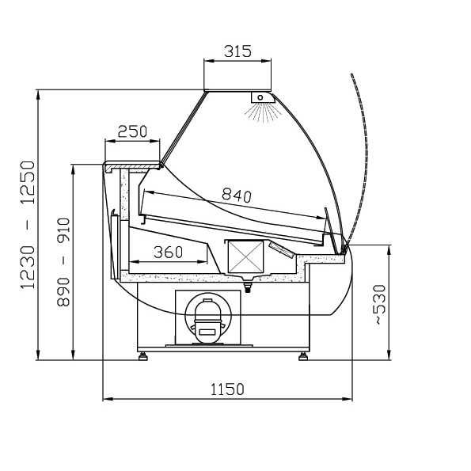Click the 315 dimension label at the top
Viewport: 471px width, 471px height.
click(x=237, y=51)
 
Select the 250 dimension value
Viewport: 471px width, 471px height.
click(x=132, y=131)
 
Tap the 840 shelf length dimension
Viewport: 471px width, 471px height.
click(x=237, y=196)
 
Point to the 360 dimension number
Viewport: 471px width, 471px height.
click(x=168, y=252)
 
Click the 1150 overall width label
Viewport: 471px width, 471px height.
click(x=227, y=389)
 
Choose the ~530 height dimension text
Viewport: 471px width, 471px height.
click(x=379, y=305)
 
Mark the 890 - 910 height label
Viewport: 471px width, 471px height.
click(x=63, y=262)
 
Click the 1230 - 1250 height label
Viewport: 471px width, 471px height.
click(x=28, y=225)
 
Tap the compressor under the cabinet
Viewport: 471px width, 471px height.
click(x=208, y=321)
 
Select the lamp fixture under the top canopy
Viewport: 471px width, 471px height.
click(x=262, y=97)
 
